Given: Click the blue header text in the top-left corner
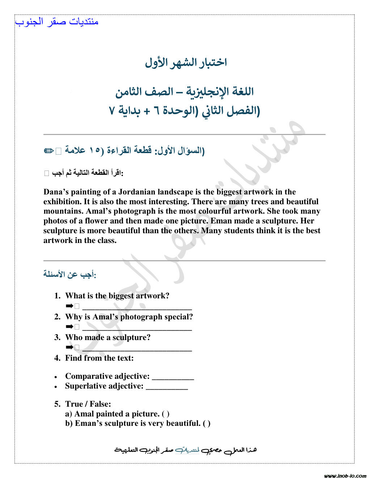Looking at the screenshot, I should [x=57, y=22].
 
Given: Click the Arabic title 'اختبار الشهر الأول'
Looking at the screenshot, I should [x=186, y=62].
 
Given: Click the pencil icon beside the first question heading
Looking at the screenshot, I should [x=48, y=151].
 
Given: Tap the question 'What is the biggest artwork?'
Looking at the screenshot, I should [x=117, y=296].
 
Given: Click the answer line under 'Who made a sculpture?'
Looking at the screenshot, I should [x=137, y=349].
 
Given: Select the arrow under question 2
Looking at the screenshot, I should [x=69, y=327].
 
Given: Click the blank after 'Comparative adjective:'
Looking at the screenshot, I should [x=173, y=378].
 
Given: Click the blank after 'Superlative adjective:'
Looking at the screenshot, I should [x=167, y=387].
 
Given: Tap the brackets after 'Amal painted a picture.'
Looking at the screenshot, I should [x=166, y=414].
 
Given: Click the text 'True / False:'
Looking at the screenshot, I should [x=88, y=404].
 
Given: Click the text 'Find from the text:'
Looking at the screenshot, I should [x=99, y=358].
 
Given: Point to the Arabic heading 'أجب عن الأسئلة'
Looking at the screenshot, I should [x=69, y=274].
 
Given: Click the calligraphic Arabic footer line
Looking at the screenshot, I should [x=186, y=450].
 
